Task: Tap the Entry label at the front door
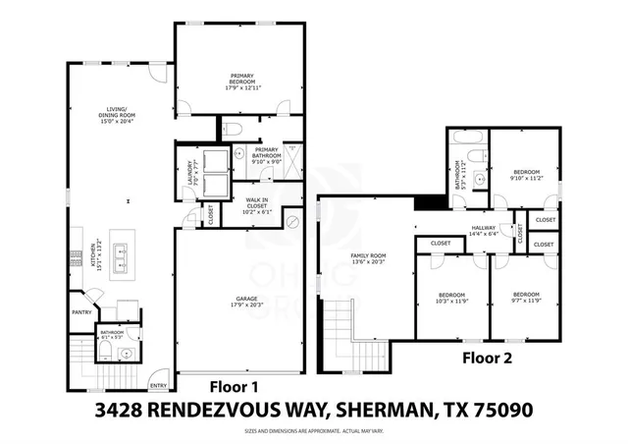157,385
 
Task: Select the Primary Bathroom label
268,155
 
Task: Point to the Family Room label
366,257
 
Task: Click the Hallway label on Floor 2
485,232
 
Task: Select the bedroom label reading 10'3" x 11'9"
451,298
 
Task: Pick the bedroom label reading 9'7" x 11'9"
528,298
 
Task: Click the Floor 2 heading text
487,359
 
